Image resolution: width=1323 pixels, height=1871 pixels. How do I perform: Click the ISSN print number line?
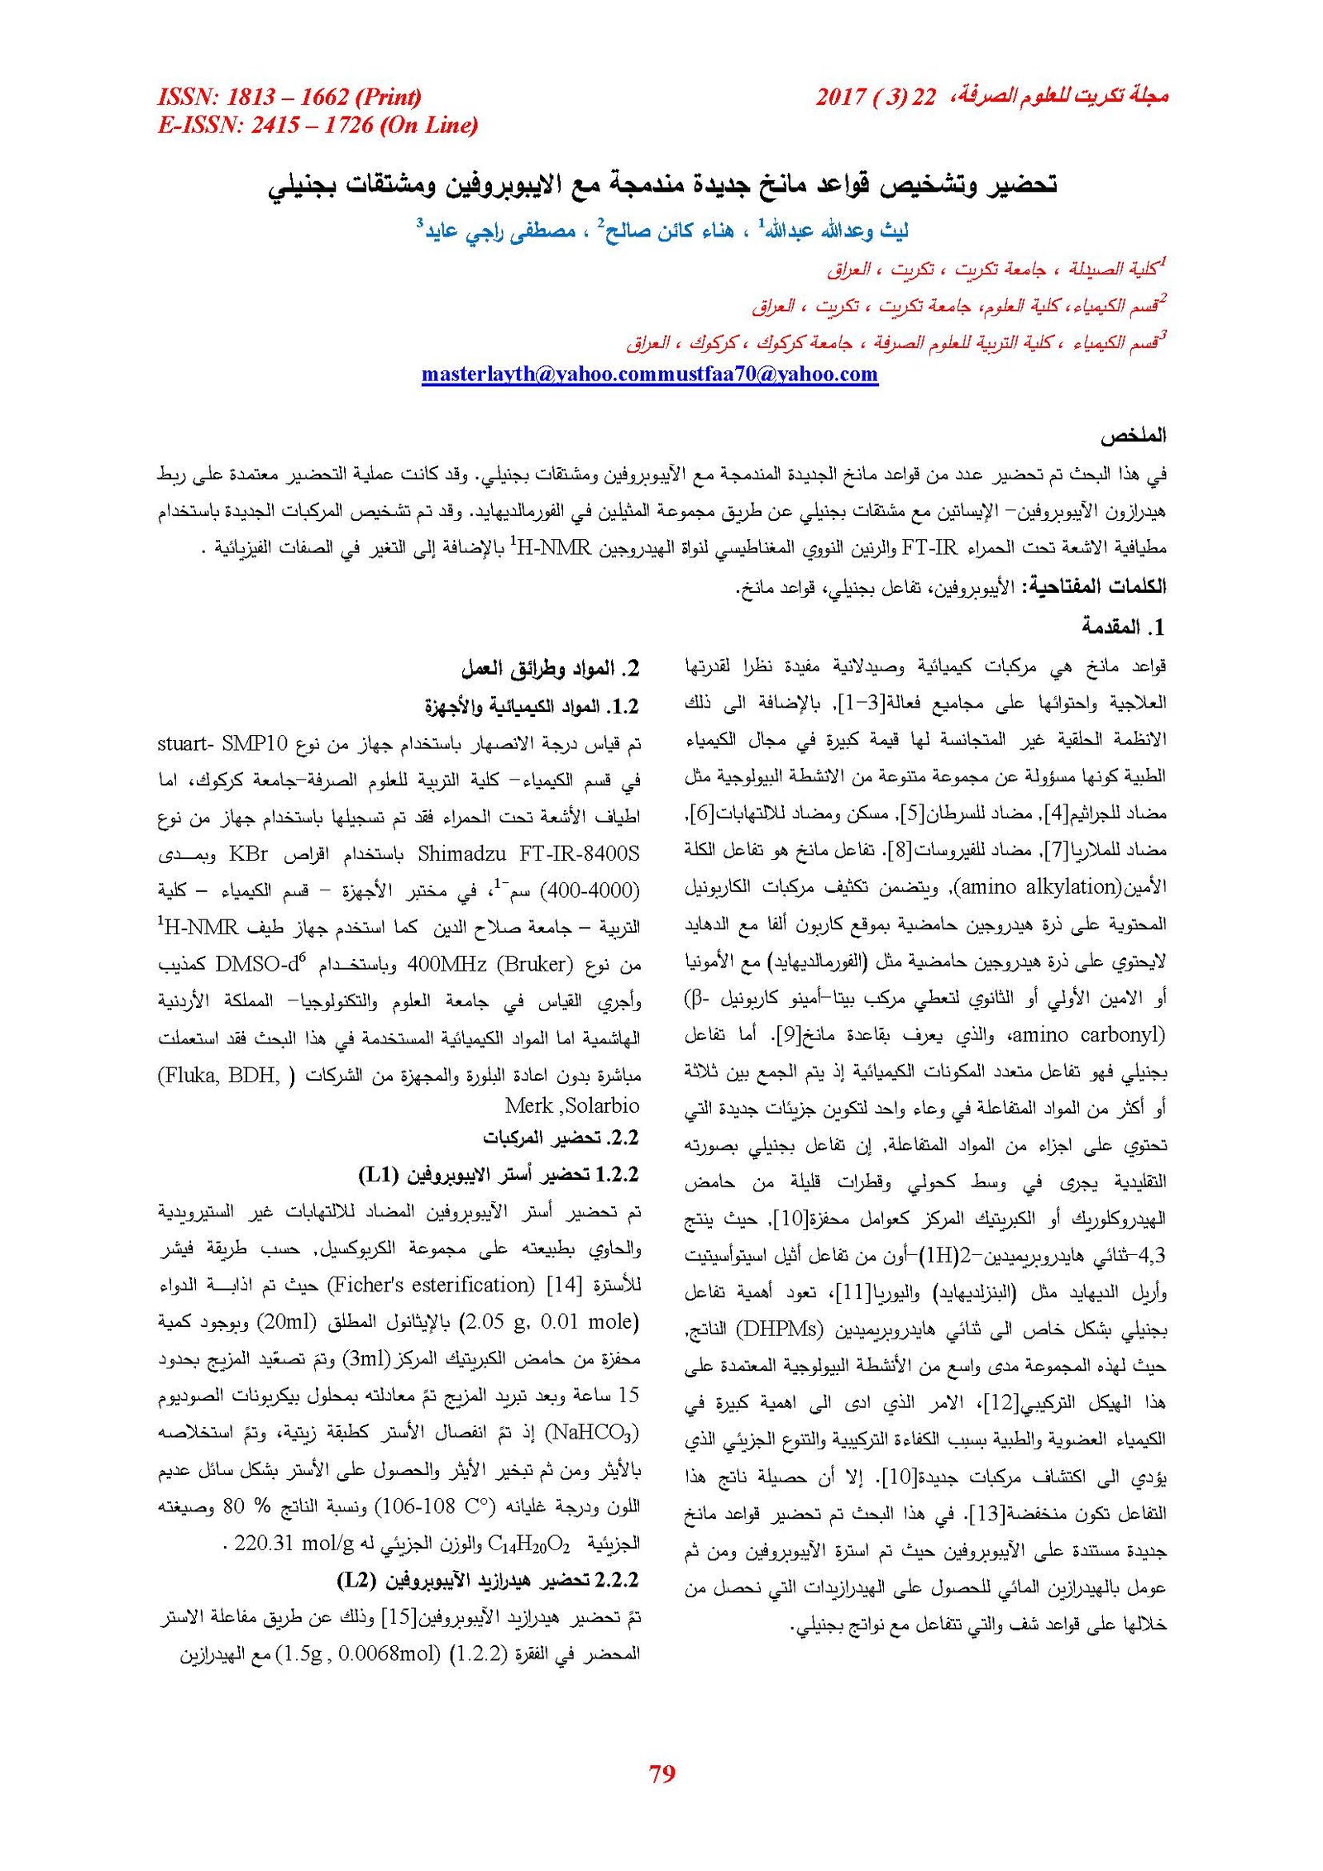tap(289, 97)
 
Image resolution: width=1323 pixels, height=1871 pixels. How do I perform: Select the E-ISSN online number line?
tap(318, 125)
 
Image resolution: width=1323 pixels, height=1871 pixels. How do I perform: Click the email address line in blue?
tap(649, 374)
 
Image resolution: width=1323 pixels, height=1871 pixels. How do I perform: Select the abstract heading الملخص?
tap(1132, 436)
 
